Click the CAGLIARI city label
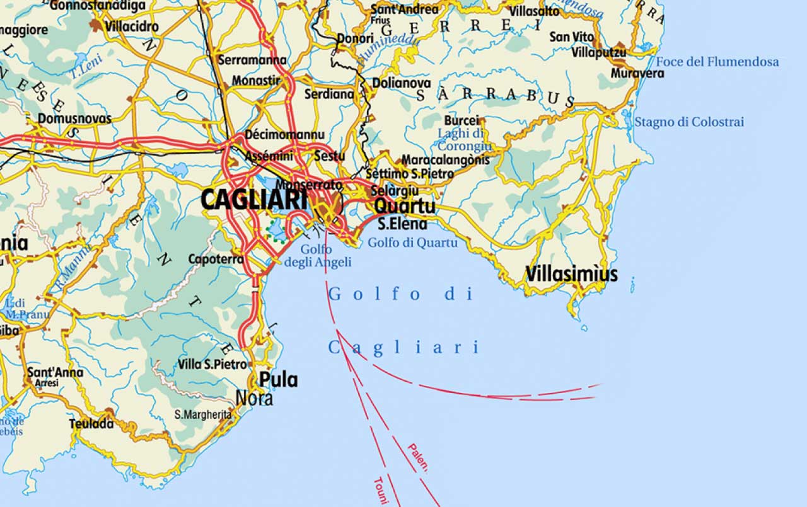pos(254,200)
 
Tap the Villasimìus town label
pos(571,275)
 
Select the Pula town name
pos(278,380)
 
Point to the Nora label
pos(254,399)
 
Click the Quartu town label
pos(404,207)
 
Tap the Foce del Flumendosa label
pos(717,62)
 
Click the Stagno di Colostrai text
pos(689,122)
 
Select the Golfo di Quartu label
pos(412,242)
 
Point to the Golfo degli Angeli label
pos(317,256)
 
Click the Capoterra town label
pos(216,259)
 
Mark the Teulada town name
pos(91,424)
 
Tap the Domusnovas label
pos(74,118)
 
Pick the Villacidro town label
pos(132,27)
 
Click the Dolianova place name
pos(402,83)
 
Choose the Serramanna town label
pos(252,60)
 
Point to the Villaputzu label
pos(599,52)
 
